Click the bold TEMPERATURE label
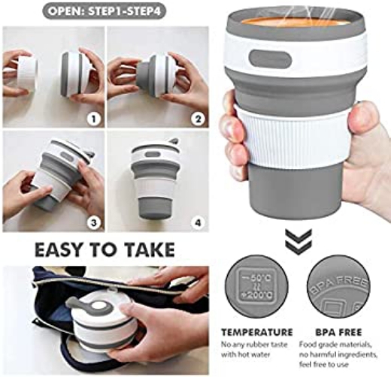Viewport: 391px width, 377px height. pyautogui.click(x=257, y=330)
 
